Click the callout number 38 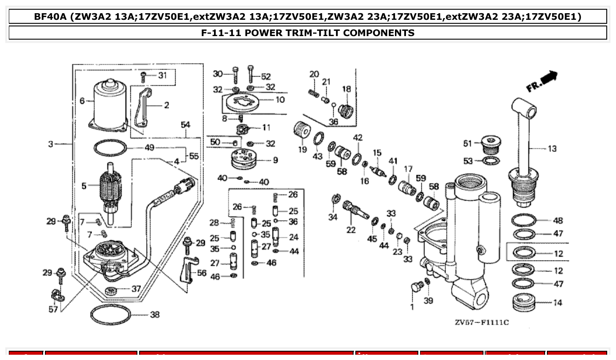[x=155, y=315]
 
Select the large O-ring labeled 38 [x=111, y=324]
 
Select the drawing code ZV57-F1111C [x=482, y=323]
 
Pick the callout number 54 [x=185, y=125]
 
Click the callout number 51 [x=468, y=143]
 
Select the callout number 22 [x=351, y=230]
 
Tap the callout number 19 [x=302, y=150]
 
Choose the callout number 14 [x=558, y=303]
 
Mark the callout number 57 [x=53, y=309]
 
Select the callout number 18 [x=347, y=89]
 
